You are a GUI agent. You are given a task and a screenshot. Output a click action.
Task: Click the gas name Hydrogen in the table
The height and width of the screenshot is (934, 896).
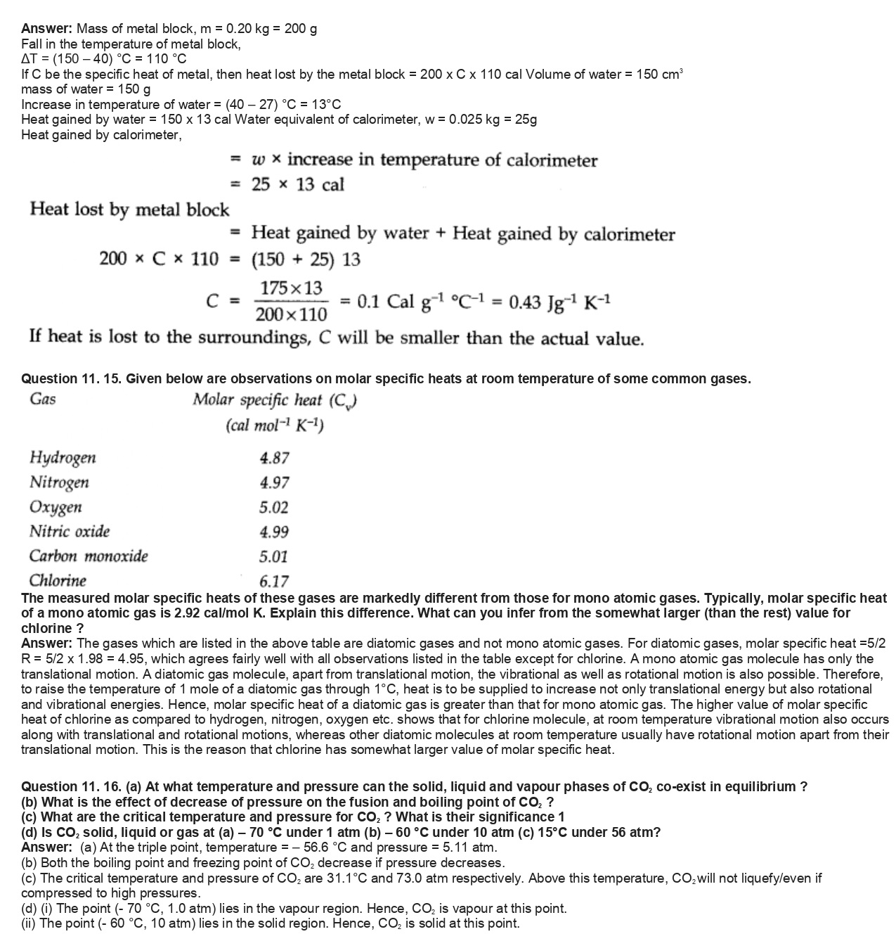[x=63, y=458]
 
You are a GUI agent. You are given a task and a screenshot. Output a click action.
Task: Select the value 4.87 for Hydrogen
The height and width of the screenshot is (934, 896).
[x=274, y=459]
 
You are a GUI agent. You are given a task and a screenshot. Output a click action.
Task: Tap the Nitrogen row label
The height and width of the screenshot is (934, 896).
[x=59, y=482]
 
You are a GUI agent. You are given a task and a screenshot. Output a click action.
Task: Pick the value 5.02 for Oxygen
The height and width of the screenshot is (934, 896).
[x=274, y=508]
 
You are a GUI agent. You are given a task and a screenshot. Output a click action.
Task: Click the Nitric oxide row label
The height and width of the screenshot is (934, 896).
[x=69, y=532]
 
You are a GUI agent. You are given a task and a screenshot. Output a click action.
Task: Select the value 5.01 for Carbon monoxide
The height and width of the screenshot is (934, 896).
[x=274, y=557]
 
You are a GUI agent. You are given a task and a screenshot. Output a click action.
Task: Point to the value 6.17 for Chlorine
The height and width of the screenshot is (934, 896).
[x=274, y=582]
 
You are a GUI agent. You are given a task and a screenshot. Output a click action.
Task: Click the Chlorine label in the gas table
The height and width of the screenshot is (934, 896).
[x=58, y=581]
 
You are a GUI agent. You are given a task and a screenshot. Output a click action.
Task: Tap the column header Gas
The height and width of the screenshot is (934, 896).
[x=43, y=399]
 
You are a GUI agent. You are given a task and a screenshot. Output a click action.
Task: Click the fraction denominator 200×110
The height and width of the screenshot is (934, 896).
[x=291, y=314]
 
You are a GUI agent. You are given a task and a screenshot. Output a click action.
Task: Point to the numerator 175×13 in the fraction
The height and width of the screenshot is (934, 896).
[x=291, y=288]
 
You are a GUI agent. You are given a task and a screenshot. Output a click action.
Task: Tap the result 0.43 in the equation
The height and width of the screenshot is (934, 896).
[x=524, y=302]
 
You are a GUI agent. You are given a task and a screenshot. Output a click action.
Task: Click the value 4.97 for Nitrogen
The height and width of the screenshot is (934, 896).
[x=274, y=483]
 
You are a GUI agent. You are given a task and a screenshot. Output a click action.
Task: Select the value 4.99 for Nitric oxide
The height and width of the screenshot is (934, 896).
[x=274, y=532]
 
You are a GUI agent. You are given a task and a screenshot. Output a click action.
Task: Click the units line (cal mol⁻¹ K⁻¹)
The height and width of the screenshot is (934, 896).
[x=275, y=426]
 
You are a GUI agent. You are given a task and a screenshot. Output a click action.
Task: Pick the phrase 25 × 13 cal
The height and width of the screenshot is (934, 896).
[x=298, y=185]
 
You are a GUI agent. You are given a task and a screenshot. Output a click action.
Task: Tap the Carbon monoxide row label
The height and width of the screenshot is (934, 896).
[x=89, y=556]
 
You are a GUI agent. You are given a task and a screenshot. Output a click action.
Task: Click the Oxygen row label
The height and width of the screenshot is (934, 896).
[x=56, y=507]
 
